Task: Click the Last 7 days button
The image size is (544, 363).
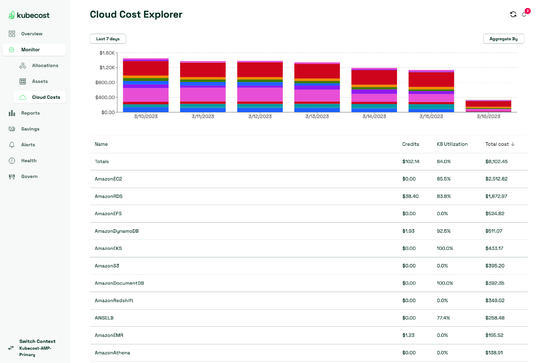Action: point(108,39)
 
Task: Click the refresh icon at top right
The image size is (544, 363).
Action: point(513,15)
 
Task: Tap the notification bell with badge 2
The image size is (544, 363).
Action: point(524,14)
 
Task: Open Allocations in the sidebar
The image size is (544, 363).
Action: point(45,65)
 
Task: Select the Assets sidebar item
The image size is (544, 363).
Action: point(40,81)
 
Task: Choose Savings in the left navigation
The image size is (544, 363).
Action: point(30,129)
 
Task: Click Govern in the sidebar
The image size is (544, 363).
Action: point(29,176)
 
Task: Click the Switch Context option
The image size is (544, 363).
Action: point(37,341)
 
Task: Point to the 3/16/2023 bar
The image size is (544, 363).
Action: point(488,106)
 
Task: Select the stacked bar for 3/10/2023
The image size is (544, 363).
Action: point(145,85)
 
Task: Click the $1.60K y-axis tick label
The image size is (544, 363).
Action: point(107,53)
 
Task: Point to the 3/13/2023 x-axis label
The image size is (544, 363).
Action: point(317,117)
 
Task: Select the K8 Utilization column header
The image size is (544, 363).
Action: point(452,144)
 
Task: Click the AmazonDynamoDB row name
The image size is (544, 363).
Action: point(117,231)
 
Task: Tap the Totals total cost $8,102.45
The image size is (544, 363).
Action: point(496,162)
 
